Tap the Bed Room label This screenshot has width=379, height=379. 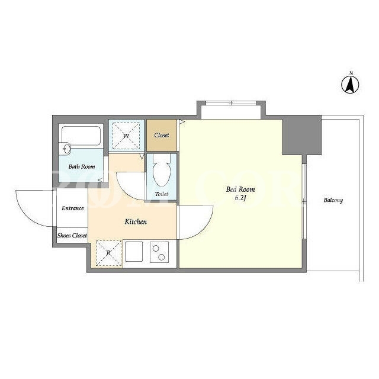click(x=240, y=189)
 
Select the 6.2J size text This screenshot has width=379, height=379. click(x=240, y=198)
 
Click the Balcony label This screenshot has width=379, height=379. click(x=333, y=200)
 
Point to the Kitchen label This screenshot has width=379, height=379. click(x=136, y=221)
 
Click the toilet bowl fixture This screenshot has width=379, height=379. click(x=162, y=170)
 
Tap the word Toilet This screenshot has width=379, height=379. click(x=162, y=194)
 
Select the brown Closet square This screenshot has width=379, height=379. click(x=162, y=136)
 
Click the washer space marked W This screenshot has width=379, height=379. click(x=126, y=136)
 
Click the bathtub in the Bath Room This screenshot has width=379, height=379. click(x=81, y=136)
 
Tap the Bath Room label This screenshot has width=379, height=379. click(x=82, y=166)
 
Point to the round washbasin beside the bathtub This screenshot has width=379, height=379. click(x=66, y=148)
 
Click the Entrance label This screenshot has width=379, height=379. click(x=72, y=208)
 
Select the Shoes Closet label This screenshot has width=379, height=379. click(x=72, y=236)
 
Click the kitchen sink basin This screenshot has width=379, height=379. click(x=134, y=251)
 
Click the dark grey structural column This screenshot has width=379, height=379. click(x=301, y=135)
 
